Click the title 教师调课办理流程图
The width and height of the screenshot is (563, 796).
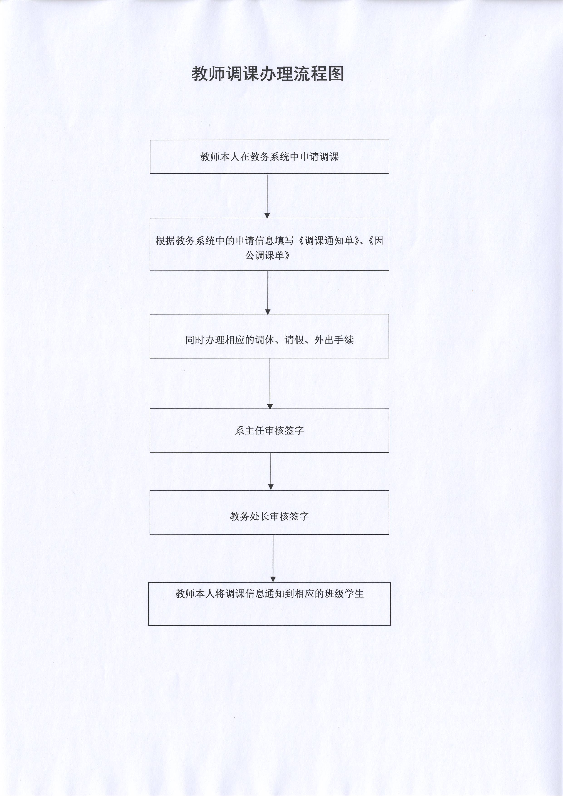[267, 74]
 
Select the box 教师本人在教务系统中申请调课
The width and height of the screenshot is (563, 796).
[269, 157]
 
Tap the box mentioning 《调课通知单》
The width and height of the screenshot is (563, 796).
[269, 244]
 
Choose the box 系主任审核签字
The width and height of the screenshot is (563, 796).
[269, 430]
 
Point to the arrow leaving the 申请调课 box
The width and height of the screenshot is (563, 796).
[267, 196]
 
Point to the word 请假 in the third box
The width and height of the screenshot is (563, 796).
[294, 340]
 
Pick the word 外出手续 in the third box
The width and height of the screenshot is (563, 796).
[334, 340]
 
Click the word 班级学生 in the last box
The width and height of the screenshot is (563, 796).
[344, 594]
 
